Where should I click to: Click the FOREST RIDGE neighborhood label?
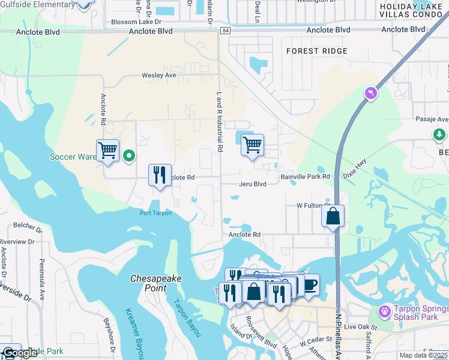point(316,51)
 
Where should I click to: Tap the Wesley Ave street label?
point(158,76)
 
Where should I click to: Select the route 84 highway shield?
point(224,31)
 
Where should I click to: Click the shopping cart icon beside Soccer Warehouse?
point(107,150)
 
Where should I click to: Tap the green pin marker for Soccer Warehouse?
point(128,157)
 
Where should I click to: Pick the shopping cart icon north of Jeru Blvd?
point(252,144)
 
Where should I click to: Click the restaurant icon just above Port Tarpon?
point(160,175)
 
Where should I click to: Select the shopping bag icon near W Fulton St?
point(333,216)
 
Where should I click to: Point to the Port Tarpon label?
point(155,213)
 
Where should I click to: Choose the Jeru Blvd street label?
point(252,184)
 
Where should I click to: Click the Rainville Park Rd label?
point(306,177)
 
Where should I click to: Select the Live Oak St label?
point(361,328)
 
